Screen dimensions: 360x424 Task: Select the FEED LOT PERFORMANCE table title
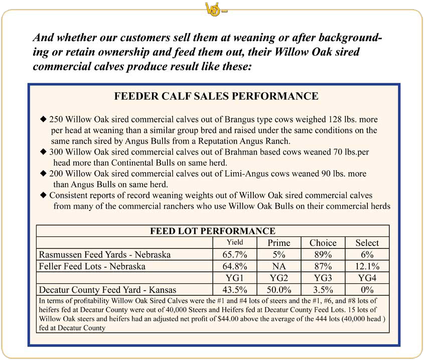pyautogui.click(x=213, y=231)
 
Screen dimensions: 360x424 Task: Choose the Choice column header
pyautogui.click(x=323, y=243)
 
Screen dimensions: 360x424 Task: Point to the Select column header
pyautogui.click(x=367, y=243)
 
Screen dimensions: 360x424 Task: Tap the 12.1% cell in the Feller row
pyautogui.click(x=367, y=266)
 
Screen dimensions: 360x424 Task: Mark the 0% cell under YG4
pyautogui.click(x=367, y=290)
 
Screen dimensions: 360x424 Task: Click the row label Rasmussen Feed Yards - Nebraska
pyautogui.click(x=104, y=255)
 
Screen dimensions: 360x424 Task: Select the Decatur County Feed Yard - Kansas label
pyautogui.click(x=107, y=290)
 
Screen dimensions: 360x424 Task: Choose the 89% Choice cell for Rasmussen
pyautogui.click(x=323, y=255)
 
